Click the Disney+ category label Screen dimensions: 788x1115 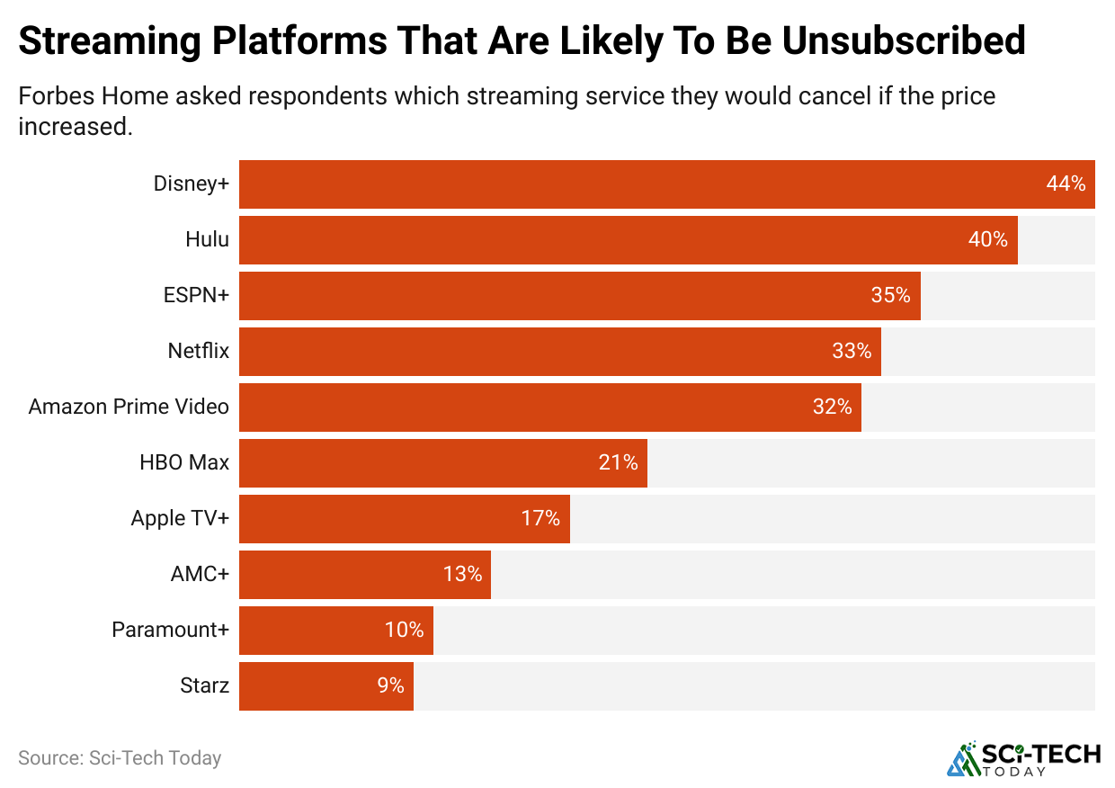click(192, 184)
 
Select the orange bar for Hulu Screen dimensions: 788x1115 click(628, 240)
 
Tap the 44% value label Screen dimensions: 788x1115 click(1066, 184)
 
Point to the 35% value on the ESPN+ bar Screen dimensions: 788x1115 click(890, 295)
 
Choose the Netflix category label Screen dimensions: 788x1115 click(199, 351)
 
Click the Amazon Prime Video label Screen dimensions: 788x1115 click(129, 407)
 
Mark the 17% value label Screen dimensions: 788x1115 click(540, 518)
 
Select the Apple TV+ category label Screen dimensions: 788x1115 click(180, 518)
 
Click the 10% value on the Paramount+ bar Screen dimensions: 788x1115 click(404, 630)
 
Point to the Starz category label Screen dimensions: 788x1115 click(205, 686)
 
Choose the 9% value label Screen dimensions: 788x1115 click(390, 685)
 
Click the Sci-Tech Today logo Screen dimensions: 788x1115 click(1023, 758)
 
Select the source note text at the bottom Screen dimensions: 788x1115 click(120, 758)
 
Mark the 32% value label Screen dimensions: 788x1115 click(832, 407)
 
